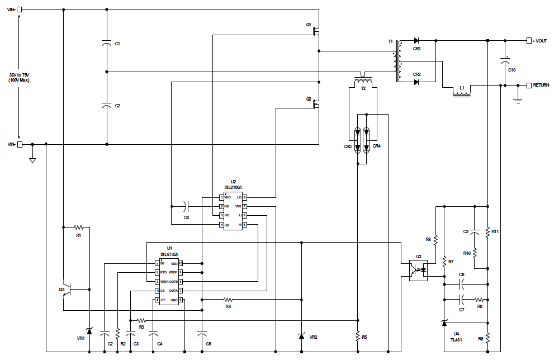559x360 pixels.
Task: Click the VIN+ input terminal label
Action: (x=11, y=10)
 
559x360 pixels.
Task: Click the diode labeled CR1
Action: (x=416, y=41)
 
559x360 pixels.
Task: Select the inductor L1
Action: (x=462, y=92)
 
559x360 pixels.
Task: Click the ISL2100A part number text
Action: (x=234, y=187)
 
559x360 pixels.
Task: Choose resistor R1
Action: (x=78, y=228)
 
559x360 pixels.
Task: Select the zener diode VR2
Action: (x=301, y=336)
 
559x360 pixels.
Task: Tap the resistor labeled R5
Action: (x=357, y=336)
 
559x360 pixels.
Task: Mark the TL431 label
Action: (x=457, y=339)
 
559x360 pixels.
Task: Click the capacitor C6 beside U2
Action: (x=188, y=206)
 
